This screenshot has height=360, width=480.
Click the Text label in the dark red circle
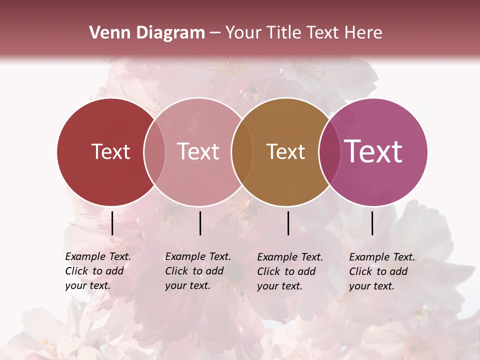coord(110,152)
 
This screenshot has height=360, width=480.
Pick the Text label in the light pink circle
coord(198,152)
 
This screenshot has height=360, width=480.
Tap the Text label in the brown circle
coord(285,152)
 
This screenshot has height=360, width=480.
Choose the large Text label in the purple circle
coord(373,151)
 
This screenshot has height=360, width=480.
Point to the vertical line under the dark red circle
coord(112,223)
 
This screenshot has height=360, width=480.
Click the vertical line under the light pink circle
coord(200,223)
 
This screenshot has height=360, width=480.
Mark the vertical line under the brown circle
coord(288,223)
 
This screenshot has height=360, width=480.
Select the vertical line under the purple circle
coord(372,223)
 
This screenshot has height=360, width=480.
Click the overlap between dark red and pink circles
coord(154,152)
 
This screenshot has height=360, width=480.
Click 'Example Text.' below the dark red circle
coord(98,257)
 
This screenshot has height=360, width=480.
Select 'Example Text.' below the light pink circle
coord(198,257)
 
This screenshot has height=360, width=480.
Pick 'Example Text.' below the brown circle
coord(290,257)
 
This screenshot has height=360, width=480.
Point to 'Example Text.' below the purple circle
coord(382,257)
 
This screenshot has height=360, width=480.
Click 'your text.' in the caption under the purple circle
coord(371,286)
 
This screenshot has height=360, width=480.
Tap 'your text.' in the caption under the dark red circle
coord(87,286)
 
